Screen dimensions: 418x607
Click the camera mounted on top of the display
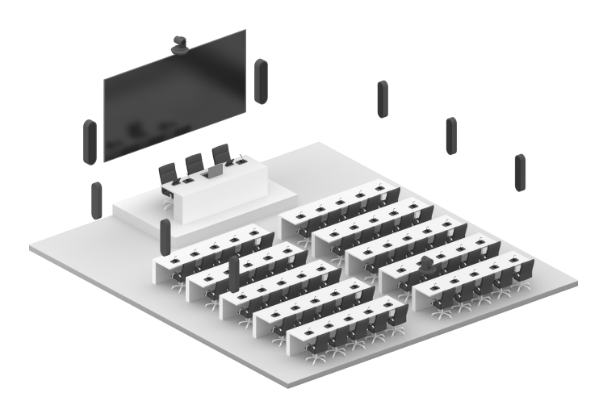(181, 44)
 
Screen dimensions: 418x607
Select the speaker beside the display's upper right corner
(260, 82)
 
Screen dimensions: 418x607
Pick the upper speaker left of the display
(90, 143)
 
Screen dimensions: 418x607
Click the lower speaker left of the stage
(97, 201)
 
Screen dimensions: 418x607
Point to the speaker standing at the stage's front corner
(165, 235)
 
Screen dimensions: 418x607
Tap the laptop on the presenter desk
(215, 170)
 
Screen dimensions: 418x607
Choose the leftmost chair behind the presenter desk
(168, 174)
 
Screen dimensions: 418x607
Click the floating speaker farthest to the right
(520, 172)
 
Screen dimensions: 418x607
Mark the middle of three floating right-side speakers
(450, 135)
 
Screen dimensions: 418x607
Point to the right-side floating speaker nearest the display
(382, 99)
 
